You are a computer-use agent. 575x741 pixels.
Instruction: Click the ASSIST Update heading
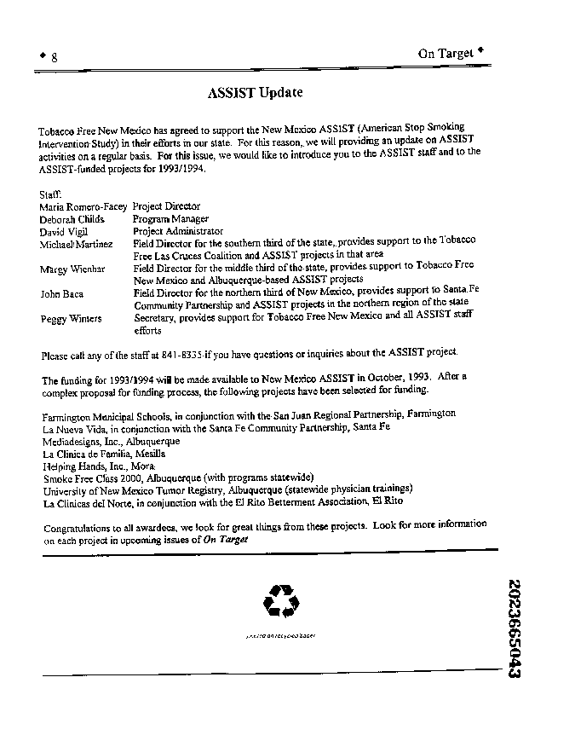point(255,92)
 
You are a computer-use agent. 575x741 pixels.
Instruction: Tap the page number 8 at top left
point(54,57)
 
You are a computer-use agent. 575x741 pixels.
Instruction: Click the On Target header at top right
point(446,53)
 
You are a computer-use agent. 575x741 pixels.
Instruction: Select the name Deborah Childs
point(72,219)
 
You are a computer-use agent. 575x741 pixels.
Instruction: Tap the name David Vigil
point(63,231)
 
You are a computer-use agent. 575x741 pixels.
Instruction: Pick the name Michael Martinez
point(76,244)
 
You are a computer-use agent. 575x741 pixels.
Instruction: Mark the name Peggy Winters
point(71,319)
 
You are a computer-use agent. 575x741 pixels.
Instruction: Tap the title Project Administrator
point(178,231)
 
